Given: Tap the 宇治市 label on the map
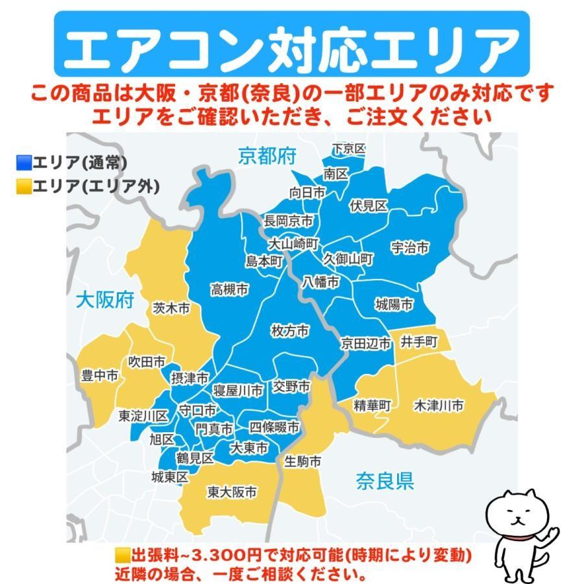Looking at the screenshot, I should pyautogui.click(x=410, y=247).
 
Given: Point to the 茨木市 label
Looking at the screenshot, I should pyautogui.click(x=171, y=310).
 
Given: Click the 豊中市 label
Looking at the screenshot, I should pyautogui.click(x=99, y=375).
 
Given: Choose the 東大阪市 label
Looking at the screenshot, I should pyautogui.click(x=232, y=493).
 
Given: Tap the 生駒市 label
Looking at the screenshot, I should pyautogui.click(x=303, y=462).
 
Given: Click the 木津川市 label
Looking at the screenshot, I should pyautogui.click(x=439, y=406).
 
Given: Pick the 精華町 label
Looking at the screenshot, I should pyautogui.click(x=372, y=406).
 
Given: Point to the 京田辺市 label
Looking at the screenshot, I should pyautogui.click(x=367, y=344).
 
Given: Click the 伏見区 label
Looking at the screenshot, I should pyautogui.click(x=368, y=206).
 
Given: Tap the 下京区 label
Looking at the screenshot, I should pyautogui.click(x=348, y=149).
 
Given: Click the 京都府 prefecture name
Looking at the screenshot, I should pyautogui.click(x=267, y=156).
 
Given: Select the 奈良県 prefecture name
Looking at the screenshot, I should pyautogui.click(x=384, y=481).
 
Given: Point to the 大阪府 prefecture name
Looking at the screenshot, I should pyautogui.click(x=105, y=300).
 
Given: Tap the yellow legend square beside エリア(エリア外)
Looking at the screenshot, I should pyautogui.click(x=24, y=188).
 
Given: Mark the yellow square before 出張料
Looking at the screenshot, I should pyautogui.click(x=122, y=556).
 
